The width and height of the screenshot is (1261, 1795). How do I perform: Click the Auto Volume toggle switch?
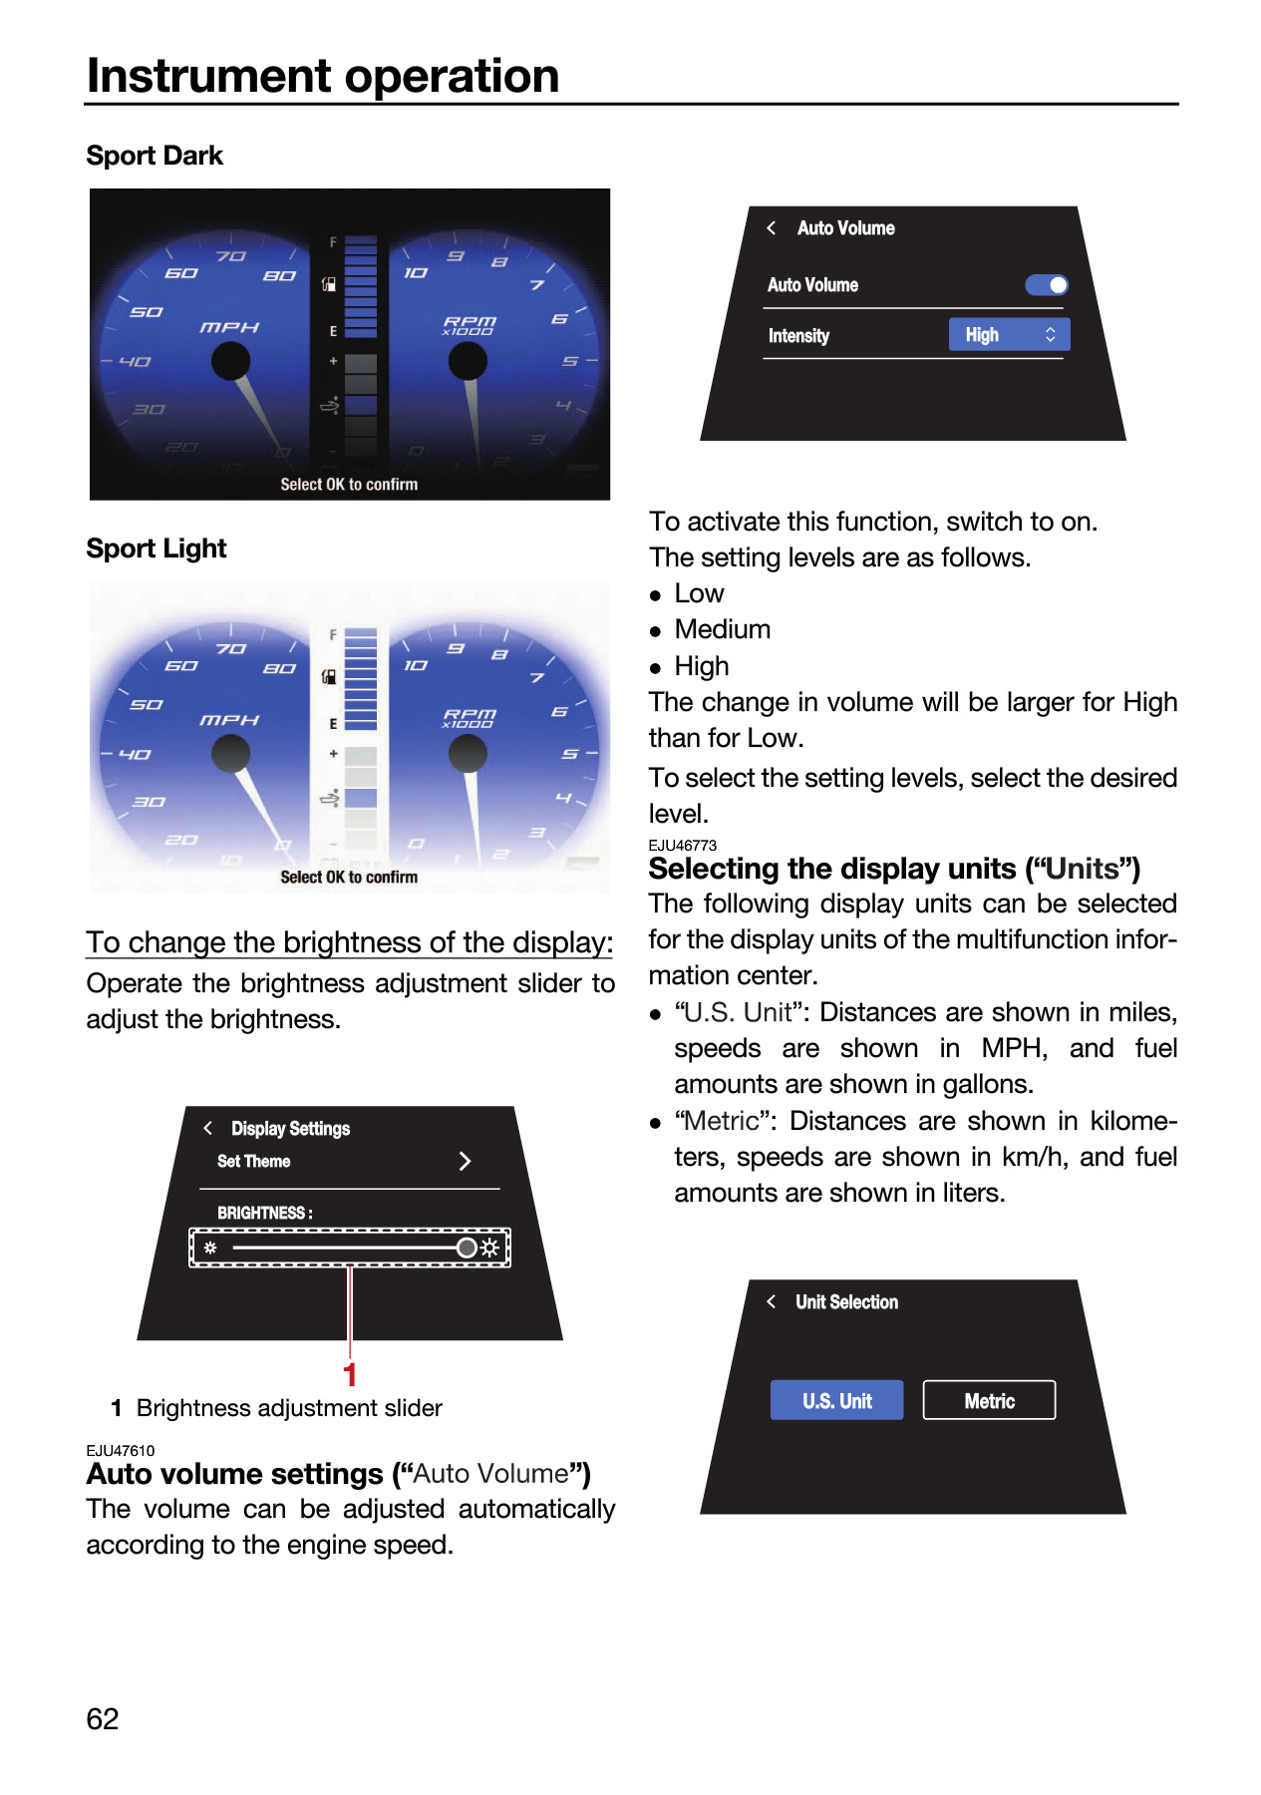point(1047,285)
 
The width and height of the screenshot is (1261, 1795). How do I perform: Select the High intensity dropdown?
point(1009,335)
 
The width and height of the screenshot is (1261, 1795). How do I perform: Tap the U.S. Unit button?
point(836,1400)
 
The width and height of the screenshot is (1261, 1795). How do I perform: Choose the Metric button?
point(989,1400)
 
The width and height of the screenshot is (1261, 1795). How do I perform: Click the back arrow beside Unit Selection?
point(772,1301)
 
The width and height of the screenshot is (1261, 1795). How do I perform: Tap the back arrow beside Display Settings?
point(208,1128)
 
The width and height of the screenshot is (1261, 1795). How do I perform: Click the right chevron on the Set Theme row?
point(465,1161)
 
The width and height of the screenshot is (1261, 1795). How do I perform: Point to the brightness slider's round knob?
point(467,1248)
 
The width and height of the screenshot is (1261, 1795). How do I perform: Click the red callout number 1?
point(350,1375)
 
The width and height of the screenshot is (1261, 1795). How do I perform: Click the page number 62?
point(103,1719)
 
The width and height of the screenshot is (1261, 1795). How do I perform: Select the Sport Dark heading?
point(155,156)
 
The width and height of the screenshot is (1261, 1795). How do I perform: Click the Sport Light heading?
point(157,548)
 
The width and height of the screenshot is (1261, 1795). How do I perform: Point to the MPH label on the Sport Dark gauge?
point(229,327)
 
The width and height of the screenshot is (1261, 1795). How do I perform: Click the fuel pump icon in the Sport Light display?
point(329,677)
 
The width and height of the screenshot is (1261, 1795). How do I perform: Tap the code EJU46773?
point(683,846)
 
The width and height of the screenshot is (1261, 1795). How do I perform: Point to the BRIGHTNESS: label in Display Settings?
point(265,1213)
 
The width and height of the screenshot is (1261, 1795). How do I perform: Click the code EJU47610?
point(121,1451)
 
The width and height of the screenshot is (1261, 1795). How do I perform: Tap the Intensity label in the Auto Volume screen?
point(798,336)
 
